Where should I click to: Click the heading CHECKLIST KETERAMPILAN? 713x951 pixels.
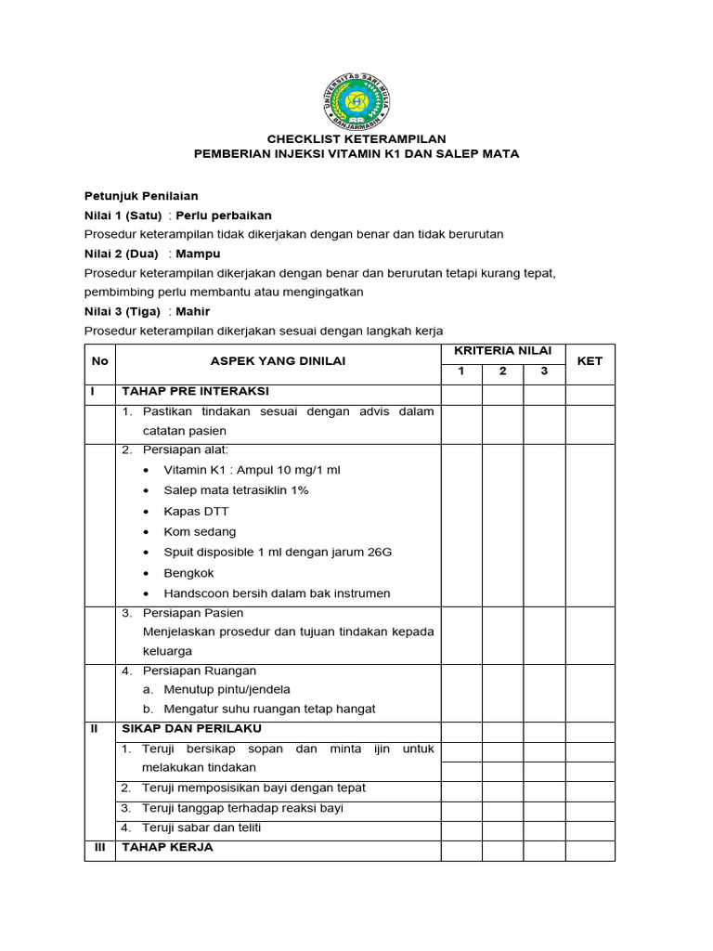356,138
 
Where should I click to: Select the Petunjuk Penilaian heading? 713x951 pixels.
141,196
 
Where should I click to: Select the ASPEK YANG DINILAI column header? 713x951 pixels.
278,361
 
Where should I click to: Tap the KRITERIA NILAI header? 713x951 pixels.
503,351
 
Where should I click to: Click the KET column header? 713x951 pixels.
590,361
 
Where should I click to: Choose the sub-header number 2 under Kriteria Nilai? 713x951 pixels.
502,371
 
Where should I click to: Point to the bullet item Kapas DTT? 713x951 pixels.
196,512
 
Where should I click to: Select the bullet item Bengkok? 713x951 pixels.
189,573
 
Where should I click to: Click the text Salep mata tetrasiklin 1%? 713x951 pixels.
236,490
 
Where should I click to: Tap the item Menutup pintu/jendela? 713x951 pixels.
227,689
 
